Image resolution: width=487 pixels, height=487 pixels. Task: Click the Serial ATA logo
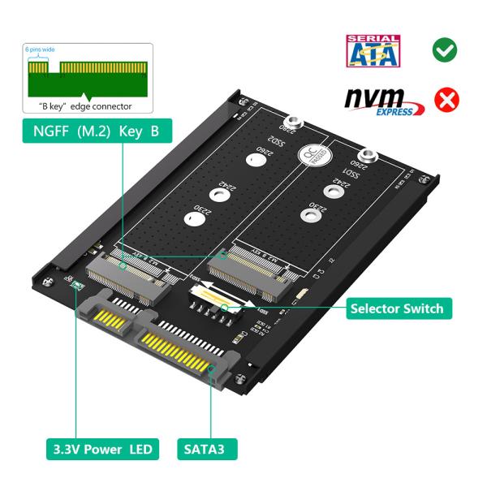tap(373, 50)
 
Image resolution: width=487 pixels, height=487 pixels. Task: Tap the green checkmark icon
tap(444, 50)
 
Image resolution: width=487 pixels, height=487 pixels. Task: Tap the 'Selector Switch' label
tap(396, 308)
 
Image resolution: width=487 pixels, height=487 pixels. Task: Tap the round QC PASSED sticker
tap(311, 155)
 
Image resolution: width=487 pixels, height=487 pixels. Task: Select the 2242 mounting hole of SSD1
tap(331, 192)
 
